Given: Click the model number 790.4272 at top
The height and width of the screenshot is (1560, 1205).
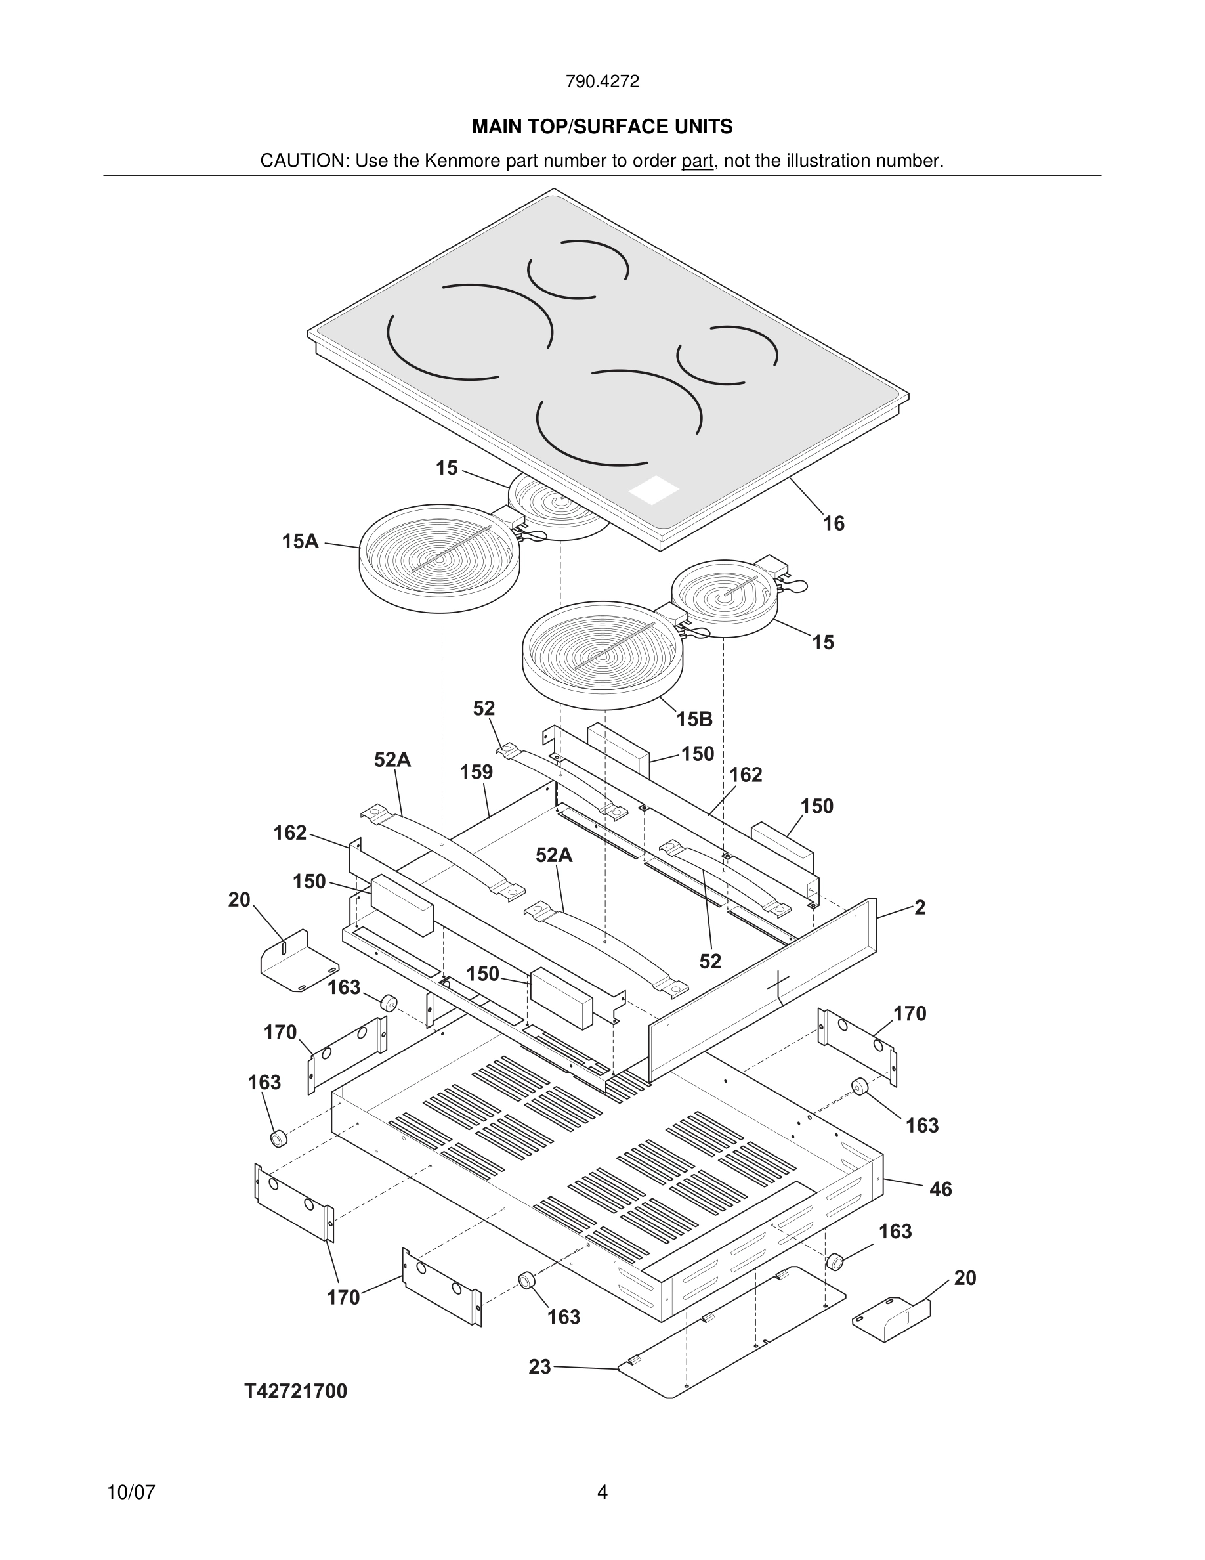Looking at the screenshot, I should pyautogui.click(x=602, y=81).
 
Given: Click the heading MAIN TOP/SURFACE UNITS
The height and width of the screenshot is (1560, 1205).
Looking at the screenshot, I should pyautogui.click(x=602, y=127).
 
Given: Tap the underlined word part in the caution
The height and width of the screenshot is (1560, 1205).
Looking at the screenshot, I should pyautogui.click(x=697, y=161).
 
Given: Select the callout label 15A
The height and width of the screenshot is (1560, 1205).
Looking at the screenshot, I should pyautogui.click(x=300, y=542).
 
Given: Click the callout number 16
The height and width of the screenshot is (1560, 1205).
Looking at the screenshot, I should pyautogui.click(x=833, y=523).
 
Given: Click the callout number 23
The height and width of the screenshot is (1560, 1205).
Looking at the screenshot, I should pyautogui.click(x=539, y=1366).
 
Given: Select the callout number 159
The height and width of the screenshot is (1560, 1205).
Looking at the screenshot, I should pyautogui.click(x=476, y=771).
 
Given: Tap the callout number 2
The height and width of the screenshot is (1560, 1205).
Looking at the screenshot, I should pyautogui.click(x=920, y=907).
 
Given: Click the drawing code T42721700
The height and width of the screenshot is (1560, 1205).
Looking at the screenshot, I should pyautogui.click(x=295, y=1391).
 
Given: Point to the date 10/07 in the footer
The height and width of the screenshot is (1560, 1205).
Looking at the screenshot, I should pyautogui.click(x=131, y=1492).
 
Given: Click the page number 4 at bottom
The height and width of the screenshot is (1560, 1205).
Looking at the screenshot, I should pyautogui.click(x=602, y=1492).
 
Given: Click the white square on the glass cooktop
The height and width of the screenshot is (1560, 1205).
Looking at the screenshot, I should pyautogui.click(x=653, y=490).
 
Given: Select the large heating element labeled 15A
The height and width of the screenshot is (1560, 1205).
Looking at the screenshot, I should pyautogui.click(x=439, y=557).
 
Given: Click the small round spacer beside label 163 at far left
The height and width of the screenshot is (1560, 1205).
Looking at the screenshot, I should pyautogui.click(x=278, y=1138).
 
